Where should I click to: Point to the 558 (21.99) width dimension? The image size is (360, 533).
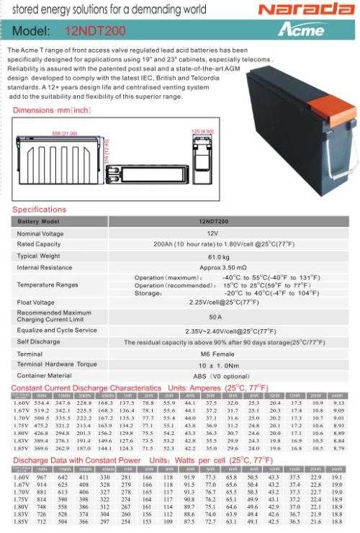pyautogui.click(x=66, y=133)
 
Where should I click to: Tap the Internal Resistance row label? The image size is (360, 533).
pyautogui.click(x=45, y=267)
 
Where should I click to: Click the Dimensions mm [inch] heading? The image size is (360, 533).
pyautogui.click(x=51, y=109)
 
